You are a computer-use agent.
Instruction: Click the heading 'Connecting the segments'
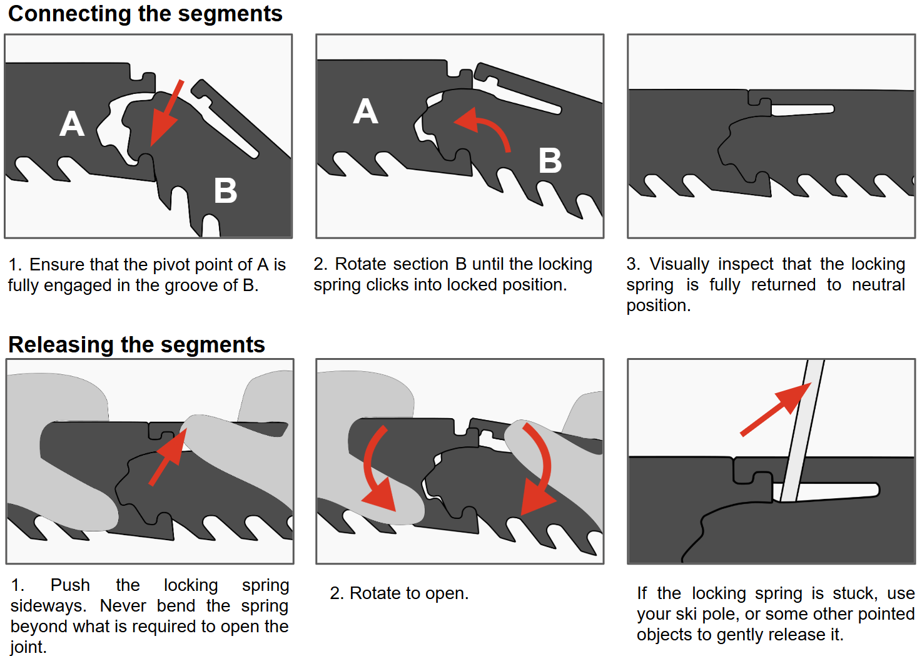145,14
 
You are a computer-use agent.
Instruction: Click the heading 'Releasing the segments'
136,345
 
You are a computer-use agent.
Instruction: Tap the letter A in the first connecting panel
72,123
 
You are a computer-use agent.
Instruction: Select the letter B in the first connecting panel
225,190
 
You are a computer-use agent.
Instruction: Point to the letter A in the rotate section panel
365,111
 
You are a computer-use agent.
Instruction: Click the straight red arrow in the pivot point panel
166,113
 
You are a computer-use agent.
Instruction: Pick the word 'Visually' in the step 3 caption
679,264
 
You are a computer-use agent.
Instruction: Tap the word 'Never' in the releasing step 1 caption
123,606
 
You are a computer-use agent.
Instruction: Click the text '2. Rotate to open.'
399,593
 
